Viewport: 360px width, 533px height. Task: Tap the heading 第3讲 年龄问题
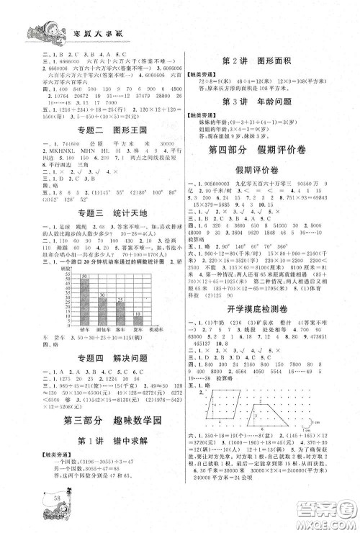tap(261, 100)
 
